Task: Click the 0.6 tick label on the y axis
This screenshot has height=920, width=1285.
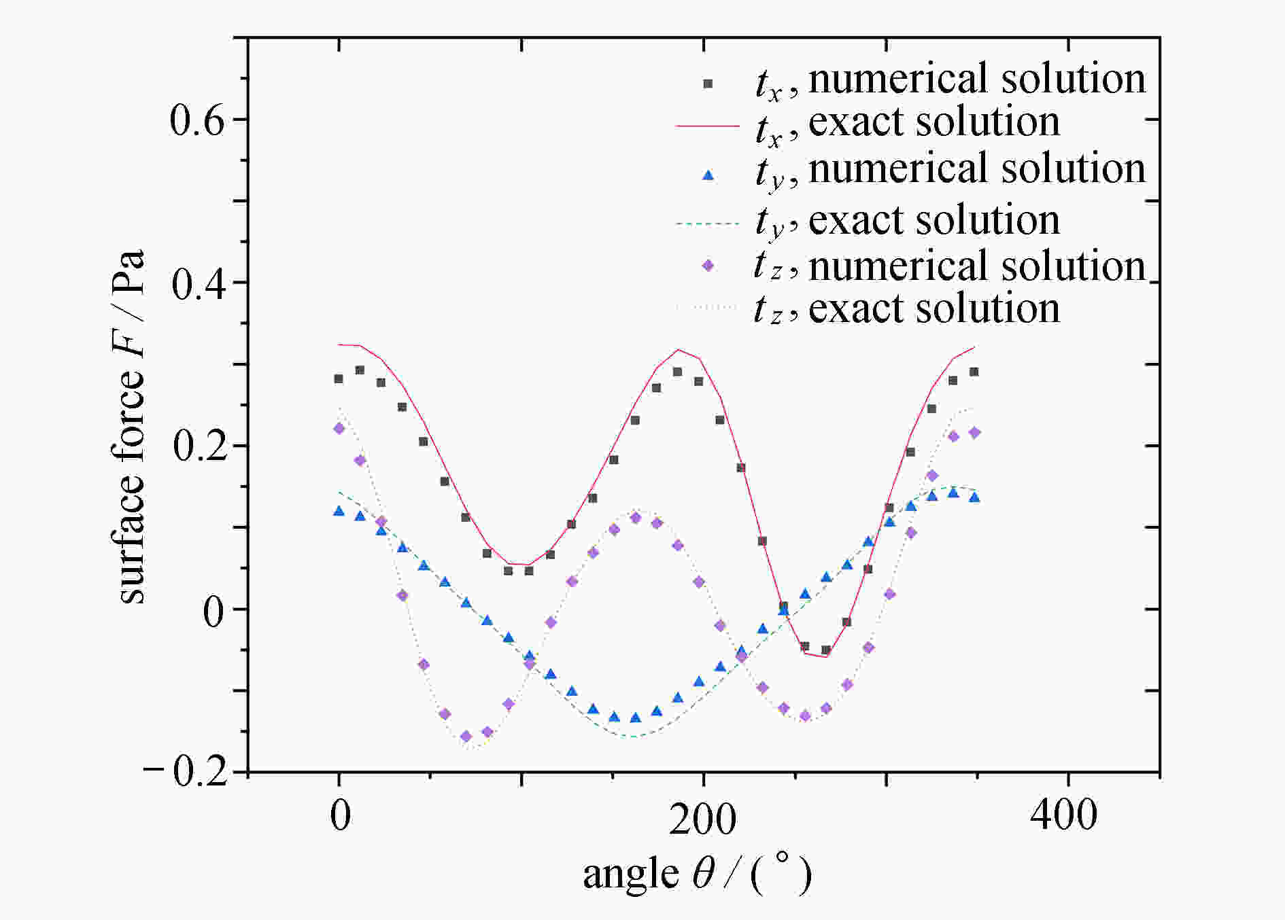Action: pyautogui.click(x=197, y=121)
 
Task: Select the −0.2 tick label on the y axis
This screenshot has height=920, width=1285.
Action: pyautogui.click(x=186, y=773)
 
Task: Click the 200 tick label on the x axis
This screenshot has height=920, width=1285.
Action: pyautogui.click(x=702, y=819)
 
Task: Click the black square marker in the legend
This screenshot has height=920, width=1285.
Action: pyautogui.click(x=708, y=84)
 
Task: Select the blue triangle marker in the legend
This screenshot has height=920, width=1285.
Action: pyautogui.click(x=708, y=175)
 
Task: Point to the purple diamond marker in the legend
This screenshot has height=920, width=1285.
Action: pyautogui.click(x=708, y=266)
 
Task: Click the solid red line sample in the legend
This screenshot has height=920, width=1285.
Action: pyautogui.click(x=707, y=126)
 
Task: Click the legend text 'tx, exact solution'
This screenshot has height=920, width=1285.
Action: pyautogui.click(x=907, y=124)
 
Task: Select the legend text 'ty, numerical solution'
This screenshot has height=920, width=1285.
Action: pyautogui.click(x=950, y=171)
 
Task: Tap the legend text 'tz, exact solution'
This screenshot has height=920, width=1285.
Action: pyautogui.click(x=907, y=310)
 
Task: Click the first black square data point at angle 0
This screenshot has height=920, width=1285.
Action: pyautogui.click(x=339, y=378)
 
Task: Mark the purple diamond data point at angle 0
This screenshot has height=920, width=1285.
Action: pyautogui.click(x=339, y=428)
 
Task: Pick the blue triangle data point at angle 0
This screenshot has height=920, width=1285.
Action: pyautogui.click(x=339, y=510)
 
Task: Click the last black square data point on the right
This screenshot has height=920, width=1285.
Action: pyautogui.click(x=974, y=372)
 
